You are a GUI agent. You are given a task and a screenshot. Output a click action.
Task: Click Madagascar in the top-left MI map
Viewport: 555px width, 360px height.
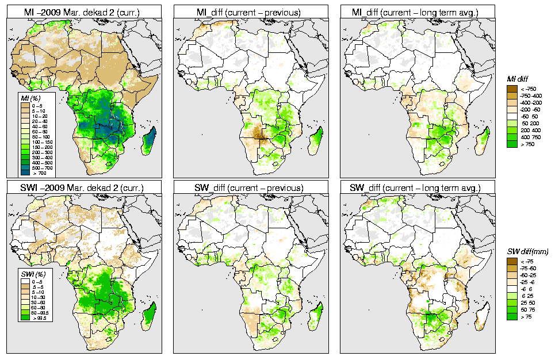click(151, 140)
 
